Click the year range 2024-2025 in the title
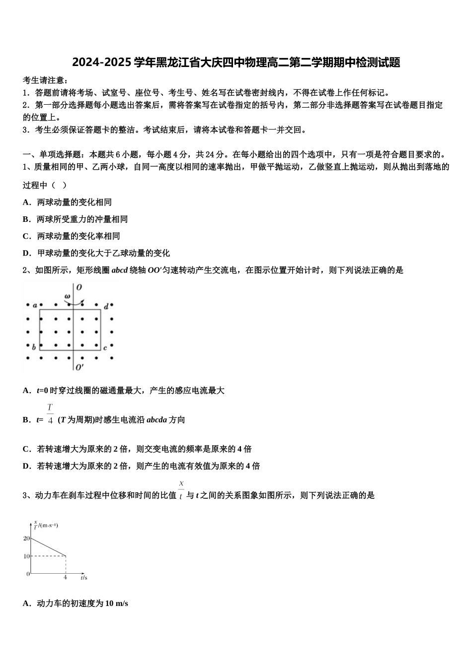pos(102,63)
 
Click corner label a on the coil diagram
pos(35,305)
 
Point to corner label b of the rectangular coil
pos(34,347)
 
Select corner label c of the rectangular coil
pos(105,348)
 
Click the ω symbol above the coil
pos(67,297)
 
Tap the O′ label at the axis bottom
pos(79,367)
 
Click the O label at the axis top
pos(79,287)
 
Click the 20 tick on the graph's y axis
pos(26,538)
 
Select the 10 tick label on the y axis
pos(26,556)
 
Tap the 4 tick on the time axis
pos(65,578)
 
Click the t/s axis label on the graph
pos(84,578)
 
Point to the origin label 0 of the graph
pos(28,574)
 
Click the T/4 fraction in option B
pos(50,414)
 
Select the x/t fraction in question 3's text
pos(181,490)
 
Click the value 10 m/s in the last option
pos(117,603)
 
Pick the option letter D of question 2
pos(26,466)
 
